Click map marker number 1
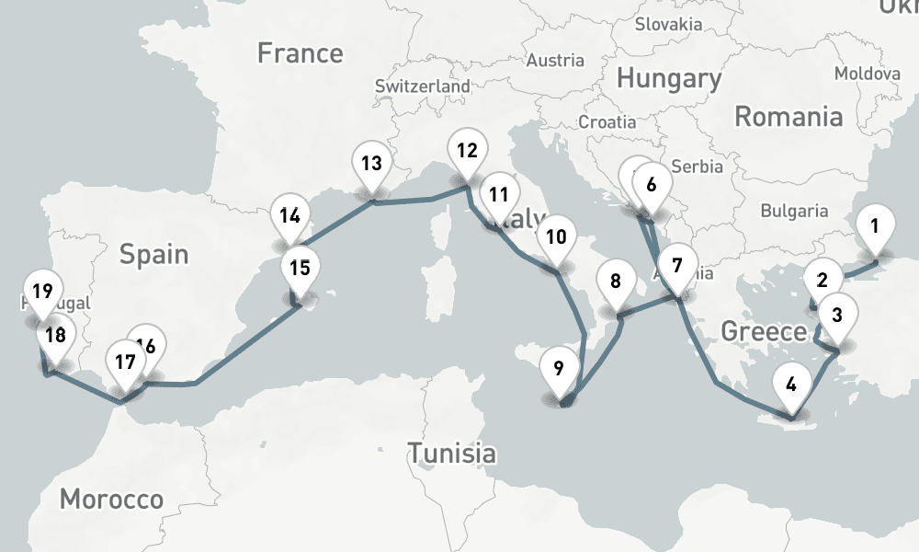tap(875, 226)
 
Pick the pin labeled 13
tap(371, 167)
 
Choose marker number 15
tap(299, 270)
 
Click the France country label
tap(300, 53)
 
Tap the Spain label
tap(153, 255)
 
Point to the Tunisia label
tap(451, 453)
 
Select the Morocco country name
tap(111, 500)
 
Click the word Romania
tap(789, 117)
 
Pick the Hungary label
tap(668, 79)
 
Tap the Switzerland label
tap(422, 86)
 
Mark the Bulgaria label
tap(794, 211)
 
